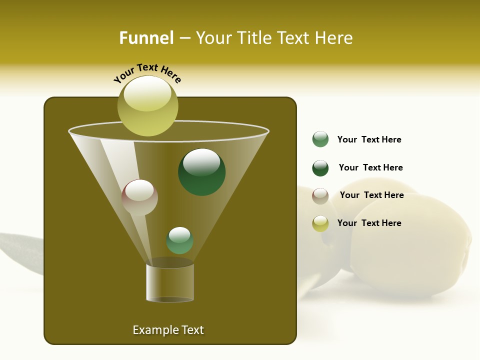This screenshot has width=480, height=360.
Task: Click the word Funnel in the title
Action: click(x=146, y=38)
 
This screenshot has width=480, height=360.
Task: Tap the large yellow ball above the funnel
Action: click(x=147, y=106)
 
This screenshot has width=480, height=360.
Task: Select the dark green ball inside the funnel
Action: click(x=201, y=172)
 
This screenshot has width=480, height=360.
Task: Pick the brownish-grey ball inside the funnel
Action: click(x=139, y=197)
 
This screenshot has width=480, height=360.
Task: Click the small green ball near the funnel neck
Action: click(x=179, y=240)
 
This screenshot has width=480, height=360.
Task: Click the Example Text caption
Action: click(x=168, y=330)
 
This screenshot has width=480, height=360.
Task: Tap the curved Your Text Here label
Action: click(x=147, y=73)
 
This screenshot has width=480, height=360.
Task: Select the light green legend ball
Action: click(x=320, y=139)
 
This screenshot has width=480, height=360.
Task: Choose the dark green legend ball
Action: click(x=320, y=168)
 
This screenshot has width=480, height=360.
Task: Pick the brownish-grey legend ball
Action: click(x=320, y=196)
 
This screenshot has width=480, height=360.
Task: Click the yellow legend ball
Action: click(x=320, y=223)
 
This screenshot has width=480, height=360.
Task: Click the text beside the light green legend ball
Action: click(x=369, y=139)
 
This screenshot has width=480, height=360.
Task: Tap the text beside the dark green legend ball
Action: click(x=370, y=167)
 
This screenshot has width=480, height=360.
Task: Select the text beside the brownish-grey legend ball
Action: click(x=371, y=195)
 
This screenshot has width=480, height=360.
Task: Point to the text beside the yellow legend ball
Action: click(x=369, y=223)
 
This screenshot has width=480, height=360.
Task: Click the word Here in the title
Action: click(x=334, y=38)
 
